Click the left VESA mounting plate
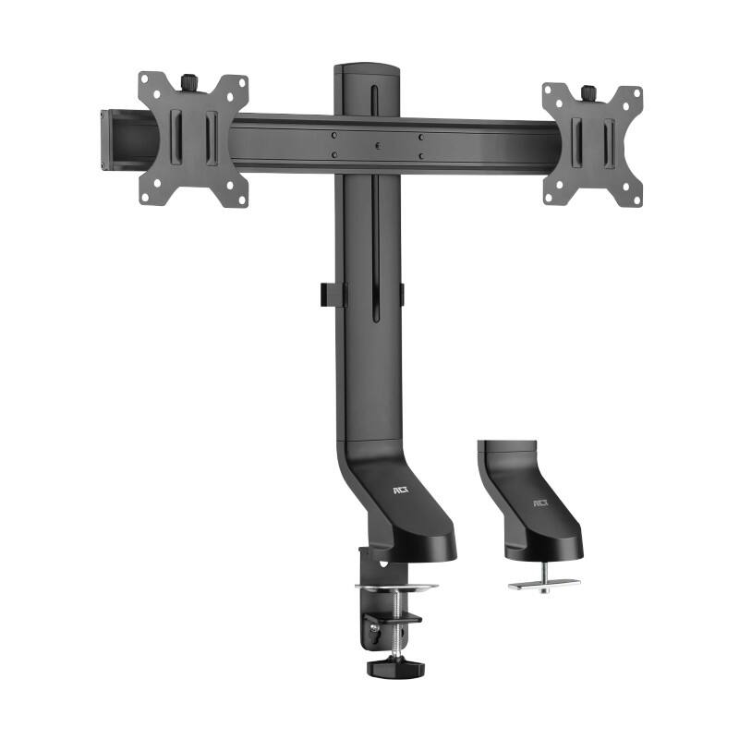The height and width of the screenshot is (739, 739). coord(194,139)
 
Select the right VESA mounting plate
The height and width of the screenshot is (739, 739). coord(592,143)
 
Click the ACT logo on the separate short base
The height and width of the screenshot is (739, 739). coord(539,503)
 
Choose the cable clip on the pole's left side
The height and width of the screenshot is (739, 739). coord(326,293)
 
